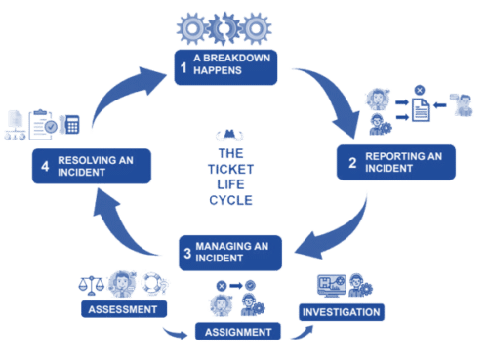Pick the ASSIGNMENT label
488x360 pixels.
click(238, 332)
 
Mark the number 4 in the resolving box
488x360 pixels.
click(43, 165)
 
